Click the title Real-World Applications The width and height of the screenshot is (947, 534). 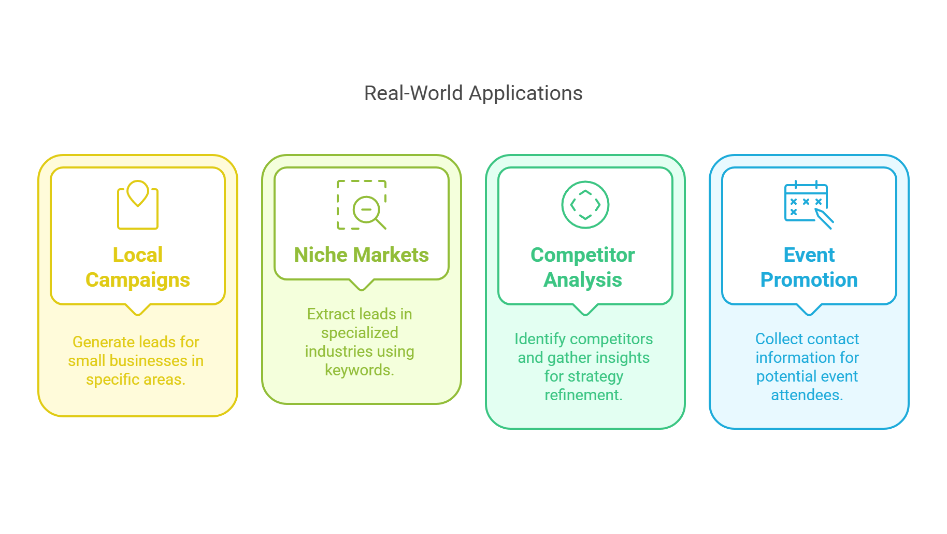[473, 93]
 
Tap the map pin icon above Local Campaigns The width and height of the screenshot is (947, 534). [138, 204]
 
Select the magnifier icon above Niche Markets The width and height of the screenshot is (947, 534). [362, 205]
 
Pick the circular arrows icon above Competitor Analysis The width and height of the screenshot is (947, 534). [585, 205]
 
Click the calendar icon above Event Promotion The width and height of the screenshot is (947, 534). [808, 204]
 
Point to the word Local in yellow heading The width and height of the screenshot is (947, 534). [138, 255]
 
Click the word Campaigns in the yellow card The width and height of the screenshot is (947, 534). [138, 280]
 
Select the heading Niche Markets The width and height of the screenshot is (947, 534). [361, 255]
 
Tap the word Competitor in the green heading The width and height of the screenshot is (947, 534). [583, 255]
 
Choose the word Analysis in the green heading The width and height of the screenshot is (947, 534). [583, 280]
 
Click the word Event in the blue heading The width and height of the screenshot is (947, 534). [809, 255]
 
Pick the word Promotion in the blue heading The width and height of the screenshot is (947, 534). [809, 280]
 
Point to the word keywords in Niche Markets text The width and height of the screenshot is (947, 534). [359, 370]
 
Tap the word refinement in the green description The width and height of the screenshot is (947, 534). [583, 395]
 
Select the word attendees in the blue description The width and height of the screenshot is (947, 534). [807, 395]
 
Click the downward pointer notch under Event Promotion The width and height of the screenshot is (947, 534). [809, 310]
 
